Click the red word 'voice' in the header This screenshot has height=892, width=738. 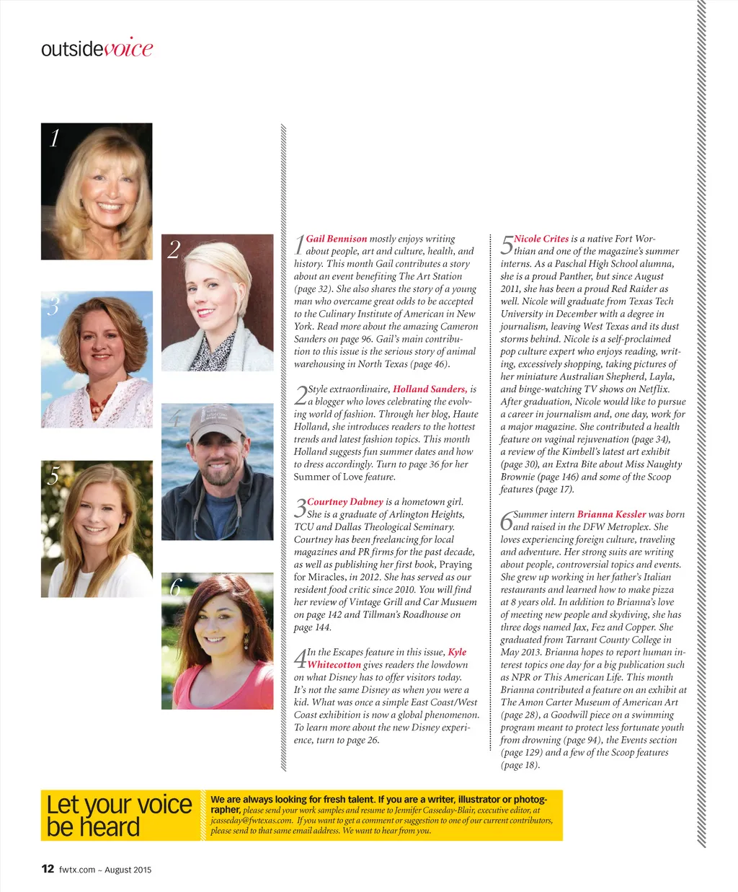[x=128, y=48]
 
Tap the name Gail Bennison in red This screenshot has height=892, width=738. [x=337, y=239]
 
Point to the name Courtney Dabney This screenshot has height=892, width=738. [x=344, y=502]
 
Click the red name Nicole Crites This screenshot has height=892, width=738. [x=541, y=239]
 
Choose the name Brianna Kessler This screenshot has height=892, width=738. [x=611, y=514]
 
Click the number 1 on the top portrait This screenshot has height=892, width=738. [x=54, y=138]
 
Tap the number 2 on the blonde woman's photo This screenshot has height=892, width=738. [x=174, y=250]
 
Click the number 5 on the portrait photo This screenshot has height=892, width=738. [x=53, y=476]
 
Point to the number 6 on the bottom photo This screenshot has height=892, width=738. [x=174, y=588]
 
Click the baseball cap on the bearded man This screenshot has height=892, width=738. [x=217, y=421]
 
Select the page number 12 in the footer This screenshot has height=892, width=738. [x=48, y=869]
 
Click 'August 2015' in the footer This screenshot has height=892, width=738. [x=128, y=870]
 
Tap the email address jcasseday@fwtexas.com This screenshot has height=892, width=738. [x=252, y=820]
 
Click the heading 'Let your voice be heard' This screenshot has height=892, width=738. [x=119, y=816]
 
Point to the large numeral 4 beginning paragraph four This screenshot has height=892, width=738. [x=300, y=658]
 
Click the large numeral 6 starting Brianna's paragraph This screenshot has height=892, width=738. [x=507, y=521]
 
